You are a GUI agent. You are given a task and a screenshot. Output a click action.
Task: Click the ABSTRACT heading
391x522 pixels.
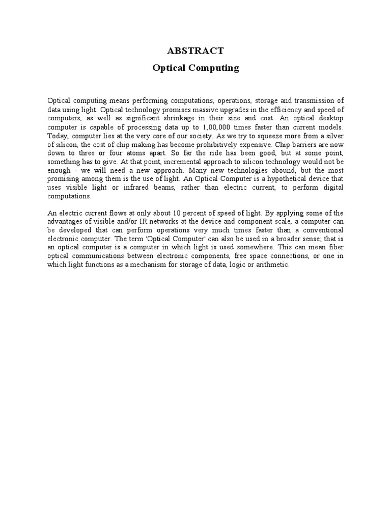(195, 50)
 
